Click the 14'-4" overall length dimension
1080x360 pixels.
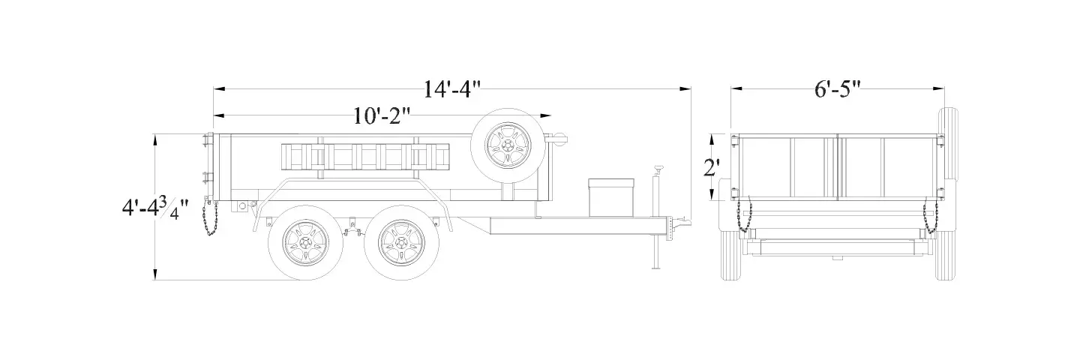452,90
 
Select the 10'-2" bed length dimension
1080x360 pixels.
382,116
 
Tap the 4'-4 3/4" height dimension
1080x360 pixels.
154,208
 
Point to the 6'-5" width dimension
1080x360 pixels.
838,90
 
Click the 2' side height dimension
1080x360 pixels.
712,168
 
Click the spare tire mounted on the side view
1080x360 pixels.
508,144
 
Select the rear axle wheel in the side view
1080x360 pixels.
305,242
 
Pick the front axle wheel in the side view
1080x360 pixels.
401,242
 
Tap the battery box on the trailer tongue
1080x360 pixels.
610,197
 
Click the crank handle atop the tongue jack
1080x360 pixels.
658,169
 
